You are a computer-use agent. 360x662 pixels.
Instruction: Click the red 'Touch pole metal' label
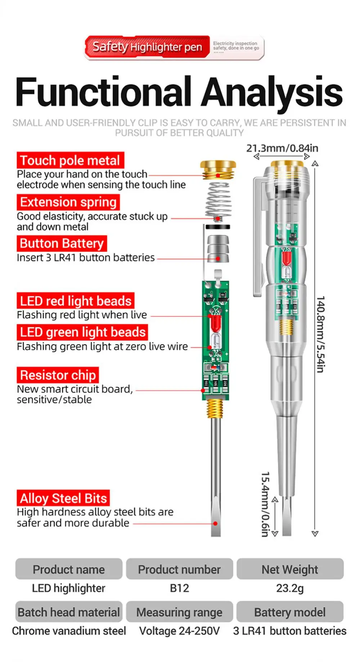(70, 160)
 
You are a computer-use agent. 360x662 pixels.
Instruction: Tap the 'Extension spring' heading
(68, 202)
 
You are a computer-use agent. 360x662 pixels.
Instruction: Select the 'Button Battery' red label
(62, 244)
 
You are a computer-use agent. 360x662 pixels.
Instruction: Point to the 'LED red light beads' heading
(76, 301)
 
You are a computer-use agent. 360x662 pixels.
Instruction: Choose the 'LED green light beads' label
(82, 332)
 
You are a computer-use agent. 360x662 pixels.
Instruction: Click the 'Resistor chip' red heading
(58, 375)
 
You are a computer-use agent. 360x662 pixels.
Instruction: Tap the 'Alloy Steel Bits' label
(63, 498)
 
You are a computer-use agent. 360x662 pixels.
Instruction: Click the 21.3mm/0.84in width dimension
(282, 148)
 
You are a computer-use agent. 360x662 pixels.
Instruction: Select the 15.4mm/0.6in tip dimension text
(265, 504)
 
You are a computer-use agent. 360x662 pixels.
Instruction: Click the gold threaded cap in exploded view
(218, 170)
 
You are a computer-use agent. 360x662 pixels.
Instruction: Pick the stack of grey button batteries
(218, 249)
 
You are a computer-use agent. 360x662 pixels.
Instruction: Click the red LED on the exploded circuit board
(216, 323)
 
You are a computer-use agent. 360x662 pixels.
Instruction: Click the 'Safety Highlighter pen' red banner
(147, 47)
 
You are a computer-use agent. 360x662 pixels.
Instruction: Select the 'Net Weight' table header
(290, 569)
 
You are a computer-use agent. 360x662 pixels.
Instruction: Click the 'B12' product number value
(179, 588)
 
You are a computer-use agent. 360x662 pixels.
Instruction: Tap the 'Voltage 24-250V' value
(179, 631)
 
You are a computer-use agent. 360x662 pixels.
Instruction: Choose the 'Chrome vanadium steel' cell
(69, 631)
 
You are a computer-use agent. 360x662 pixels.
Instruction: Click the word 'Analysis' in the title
(272, 92)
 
